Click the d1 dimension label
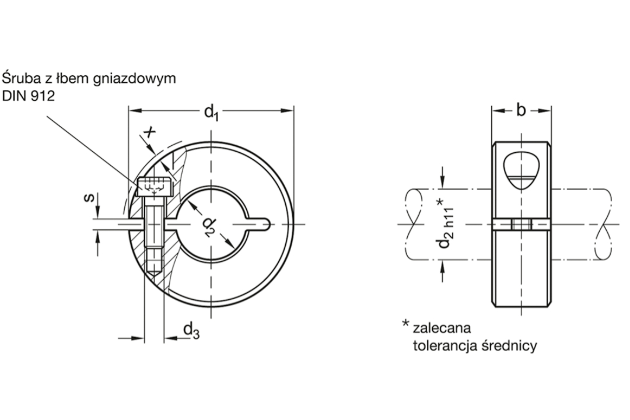point(211,113)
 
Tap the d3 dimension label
point(191,331)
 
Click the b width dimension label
point(521,110)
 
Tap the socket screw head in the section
point(155,186)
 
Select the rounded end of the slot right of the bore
point(265,224)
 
